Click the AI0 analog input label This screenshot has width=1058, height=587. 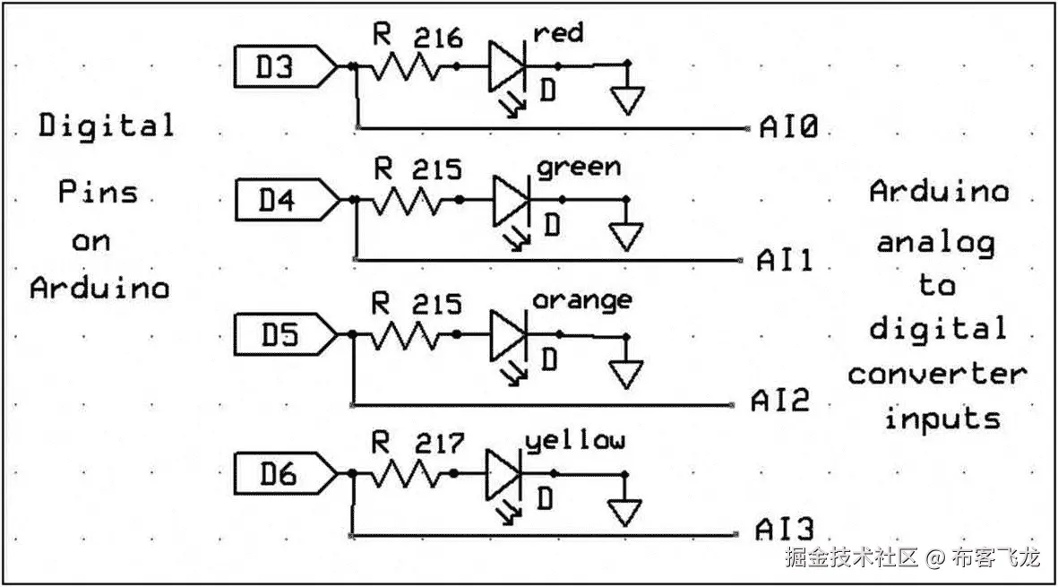(x=788, y=128)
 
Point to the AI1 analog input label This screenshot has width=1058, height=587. (x=784, y=261)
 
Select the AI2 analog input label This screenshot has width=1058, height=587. (x=780, y=401)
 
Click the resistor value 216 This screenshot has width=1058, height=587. (x=438, y=39)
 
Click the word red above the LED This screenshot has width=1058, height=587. (x=557, y=34)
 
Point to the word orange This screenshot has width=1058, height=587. (x=581, y=301)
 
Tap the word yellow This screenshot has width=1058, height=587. (x=575, y=441)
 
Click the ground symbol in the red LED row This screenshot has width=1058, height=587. (x=627, y=99)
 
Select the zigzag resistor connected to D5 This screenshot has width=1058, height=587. (x=406, y=334)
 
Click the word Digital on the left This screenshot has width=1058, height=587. (x=106, y=125)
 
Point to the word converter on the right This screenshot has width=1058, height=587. (x=937, y=373)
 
